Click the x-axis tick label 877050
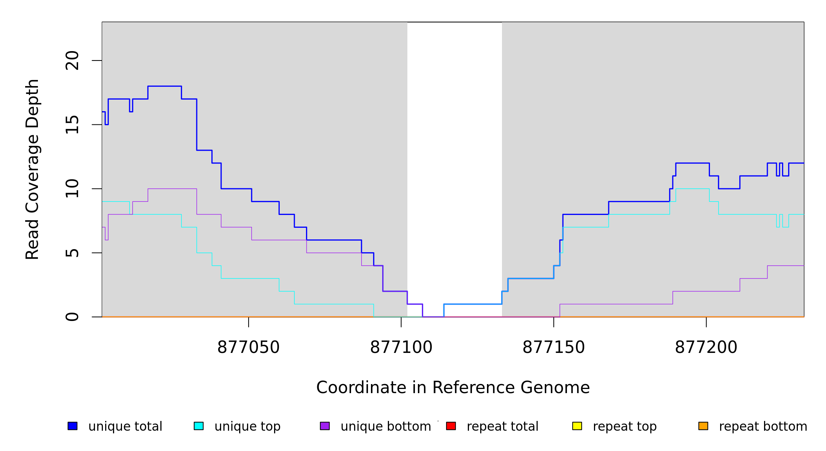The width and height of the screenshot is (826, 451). (248, 348)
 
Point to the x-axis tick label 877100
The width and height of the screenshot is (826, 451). (401, 348)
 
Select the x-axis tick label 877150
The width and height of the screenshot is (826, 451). (553, 348)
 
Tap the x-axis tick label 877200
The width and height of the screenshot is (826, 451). (706, 348)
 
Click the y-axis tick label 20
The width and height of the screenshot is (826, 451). (72, 61)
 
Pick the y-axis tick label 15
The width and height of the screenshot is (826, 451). (72, 125)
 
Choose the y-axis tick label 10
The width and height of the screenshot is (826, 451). (72, 189)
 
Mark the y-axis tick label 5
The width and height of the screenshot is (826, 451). (72, 253)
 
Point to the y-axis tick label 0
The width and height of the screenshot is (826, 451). (72, 317)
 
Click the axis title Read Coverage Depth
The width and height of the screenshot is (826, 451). (32, 169)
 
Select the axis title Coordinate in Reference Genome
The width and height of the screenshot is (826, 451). (453, 387)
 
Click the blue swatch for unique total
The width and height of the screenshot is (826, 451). (72, 426)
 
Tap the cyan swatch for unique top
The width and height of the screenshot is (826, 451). (199, 426)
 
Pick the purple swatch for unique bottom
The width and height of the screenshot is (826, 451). (325, 426)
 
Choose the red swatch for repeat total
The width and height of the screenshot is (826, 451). (451, 426)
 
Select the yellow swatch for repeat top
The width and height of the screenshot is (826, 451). (577, 426)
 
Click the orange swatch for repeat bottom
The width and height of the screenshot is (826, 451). (703, 426)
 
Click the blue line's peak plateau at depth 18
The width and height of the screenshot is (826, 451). (164, 86)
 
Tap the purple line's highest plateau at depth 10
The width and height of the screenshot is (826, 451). (172, 189)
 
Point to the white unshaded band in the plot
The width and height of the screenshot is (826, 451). (454, 150)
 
